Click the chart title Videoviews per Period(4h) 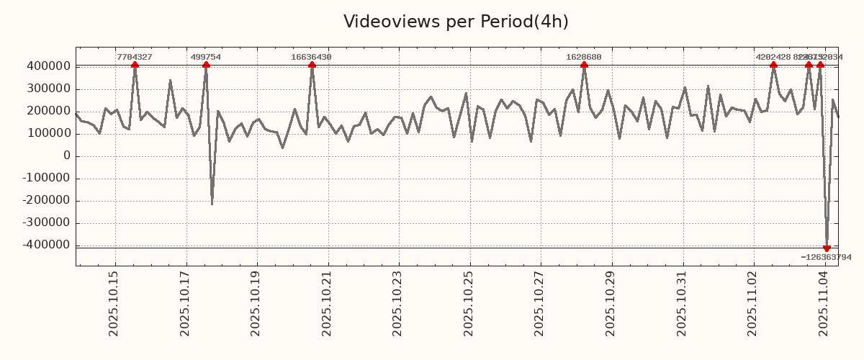tap(456, 22)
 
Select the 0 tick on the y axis tap(67, 156)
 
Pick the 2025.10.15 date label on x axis tap(114, 303)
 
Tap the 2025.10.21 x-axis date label tap(327, 303)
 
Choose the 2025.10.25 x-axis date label tap(469, 303)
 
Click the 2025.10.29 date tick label tap(611, 303)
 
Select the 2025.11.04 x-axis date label tap(824, 303)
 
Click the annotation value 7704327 tap(135, 57)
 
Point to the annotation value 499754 tap(206, 57)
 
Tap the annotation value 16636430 tap(312, 57)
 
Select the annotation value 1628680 tap(584, 57)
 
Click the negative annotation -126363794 tap(826, 257)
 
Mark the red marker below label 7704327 tap(135, 66)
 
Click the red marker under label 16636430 tap(312, 66)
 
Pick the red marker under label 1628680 tap(584, 66)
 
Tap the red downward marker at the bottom tap(827, 248)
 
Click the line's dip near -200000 tap(212, 204)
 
